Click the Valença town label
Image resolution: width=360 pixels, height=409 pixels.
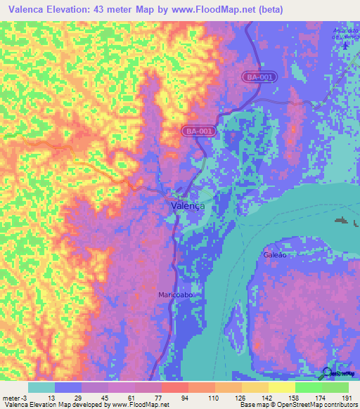[x=188, y=206]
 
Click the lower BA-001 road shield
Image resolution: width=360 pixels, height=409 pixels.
[x=199, y=131]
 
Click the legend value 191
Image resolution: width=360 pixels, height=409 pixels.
[x=346, y=398]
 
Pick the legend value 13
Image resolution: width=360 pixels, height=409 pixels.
[x=52, y=398]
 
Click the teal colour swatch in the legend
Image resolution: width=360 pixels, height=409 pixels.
[x=41, y=387]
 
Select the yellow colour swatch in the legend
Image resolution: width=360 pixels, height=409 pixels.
[x=281, y=387]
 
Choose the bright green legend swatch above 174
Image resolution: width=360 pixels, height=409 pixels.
[x=308, y=387]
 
